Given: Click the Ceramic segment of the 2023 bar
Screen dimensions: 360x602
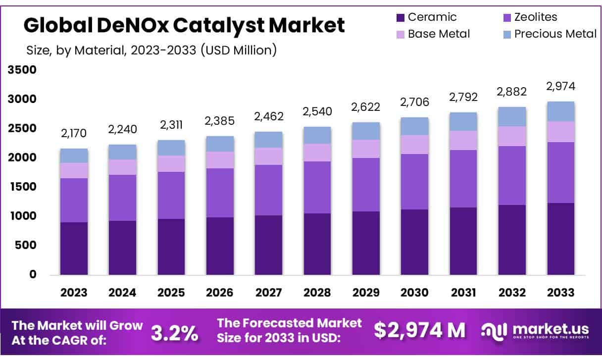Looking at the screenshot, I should (74, 248).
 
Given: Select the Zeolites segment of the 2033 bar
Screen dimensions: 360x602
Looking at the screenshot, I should (561, 172).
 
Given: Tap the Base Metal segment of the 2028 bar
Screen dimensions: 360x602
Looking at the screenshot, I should (317, 153).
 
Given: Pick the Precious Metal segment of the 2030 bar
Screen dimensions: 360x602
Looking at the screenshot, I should (415, 126).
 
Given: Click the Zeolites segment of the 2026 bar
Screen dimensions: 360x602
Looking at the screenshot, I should (220, 193).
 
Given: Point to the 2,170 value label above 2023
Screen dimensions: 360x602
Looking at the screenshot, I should (74, 134).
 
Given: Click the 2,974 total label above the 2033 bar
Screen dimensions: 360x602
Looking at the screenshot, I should (561, 87).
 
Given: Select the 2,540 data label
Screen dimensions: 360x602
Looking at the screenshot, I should (317, 111).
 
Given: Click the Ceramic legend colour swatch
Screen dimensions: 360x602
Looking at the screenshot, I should (400, 18).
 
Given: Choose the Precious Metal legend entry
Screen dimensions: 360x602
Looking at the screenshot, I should (555, 34).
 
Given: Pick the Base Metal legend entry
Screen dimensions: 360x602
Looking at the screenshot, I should (439, 34).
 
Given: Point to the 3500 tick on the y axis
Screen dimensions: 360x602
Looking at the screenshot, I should (22, 70).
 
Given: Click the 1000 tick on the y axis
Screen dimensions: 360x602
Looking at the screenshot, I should (22, 216).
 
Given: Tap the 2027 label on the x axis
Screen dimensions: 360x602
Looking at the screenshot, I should (269, 292).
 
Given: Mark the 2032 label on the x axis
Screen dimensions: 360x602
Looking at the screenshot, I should (512, 292).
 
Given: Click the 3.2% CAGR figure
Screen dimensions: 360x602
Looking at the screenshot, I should (174, 332).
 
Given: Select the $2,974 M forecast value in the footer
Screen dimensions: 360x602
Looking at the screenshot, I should (419, 330).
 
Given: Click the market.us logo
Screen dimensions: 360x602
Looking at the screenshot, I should (535, 330).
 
